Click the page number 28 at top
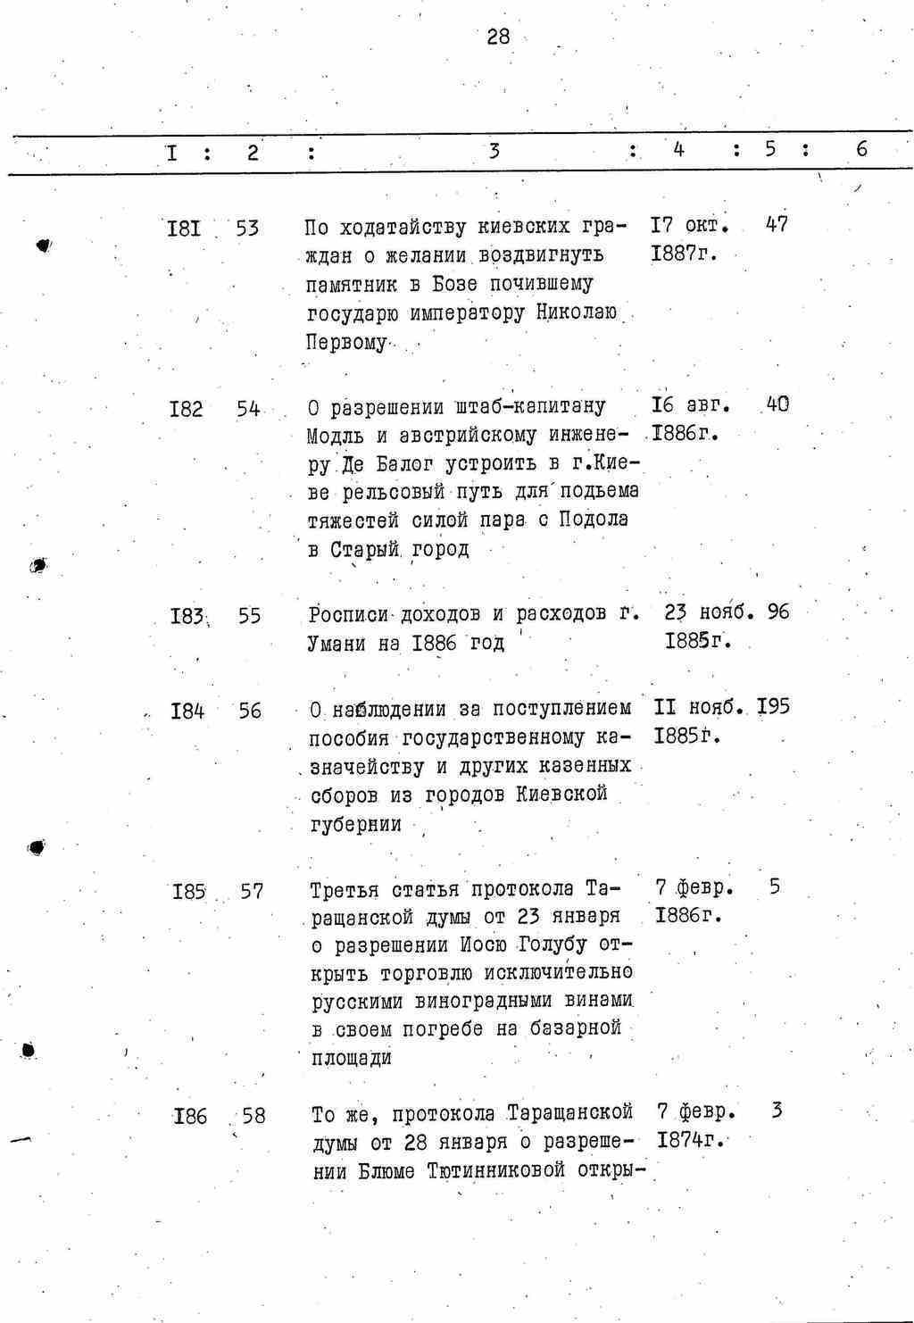click(498, 37)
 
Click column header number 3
click(494, 151)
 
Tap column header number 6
click(860, 150)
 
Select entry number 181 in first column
click(184, 229)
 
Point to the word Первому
click(346, 342)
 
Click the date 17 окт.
click(691, 225)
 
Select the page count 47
click(777, 225)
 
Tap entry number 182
click(186, 410)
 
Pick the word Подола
click(594, 519)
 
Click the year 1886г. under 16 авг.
click(685, 434)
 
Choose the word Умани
click(337, 643)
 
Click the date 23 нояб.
click(710, 613)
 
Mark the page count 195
click(773, 707)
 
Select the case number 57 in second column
click(252, 891)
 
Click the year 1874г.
click(689, 1140)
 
